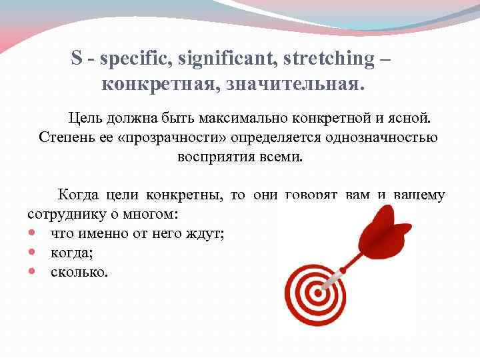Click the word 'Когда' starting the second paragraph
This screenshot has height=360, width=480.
point(78,195)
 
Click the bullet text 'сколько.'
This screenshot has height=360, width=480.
point(78,272)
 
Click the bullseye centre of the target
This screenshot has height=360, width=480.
point(315,292)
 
